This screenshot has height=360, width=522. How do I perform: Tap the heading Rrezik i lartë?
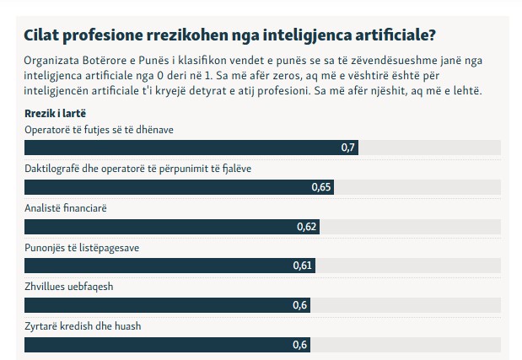tap(56, 113)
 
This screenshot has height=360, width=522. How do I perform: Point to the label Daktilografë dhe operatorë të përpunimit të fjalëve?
tap(138, 168)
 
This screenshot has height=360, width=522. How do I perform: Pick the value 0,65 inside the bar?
tap(320, 187)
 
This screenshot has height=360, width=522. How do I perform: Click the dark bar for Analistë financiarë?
tap(160, 227)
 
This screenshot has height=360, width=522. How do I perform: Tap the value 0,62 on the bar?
tap(307, 227)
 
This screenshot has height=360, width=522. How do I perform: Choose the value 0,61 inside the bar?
tap(303, 266)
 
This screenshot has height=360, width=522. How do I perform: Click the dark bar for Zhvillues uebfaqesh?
tap(156, 305)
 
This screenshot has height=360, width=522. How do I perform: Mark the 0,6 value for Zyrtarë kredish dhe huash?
tap(299, 345)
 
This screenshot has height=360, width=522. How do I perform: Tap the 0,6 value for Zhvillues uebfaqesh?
tap(299, 305)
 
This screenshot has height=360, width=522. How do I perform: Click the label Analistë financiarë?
tap(67, 207)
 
